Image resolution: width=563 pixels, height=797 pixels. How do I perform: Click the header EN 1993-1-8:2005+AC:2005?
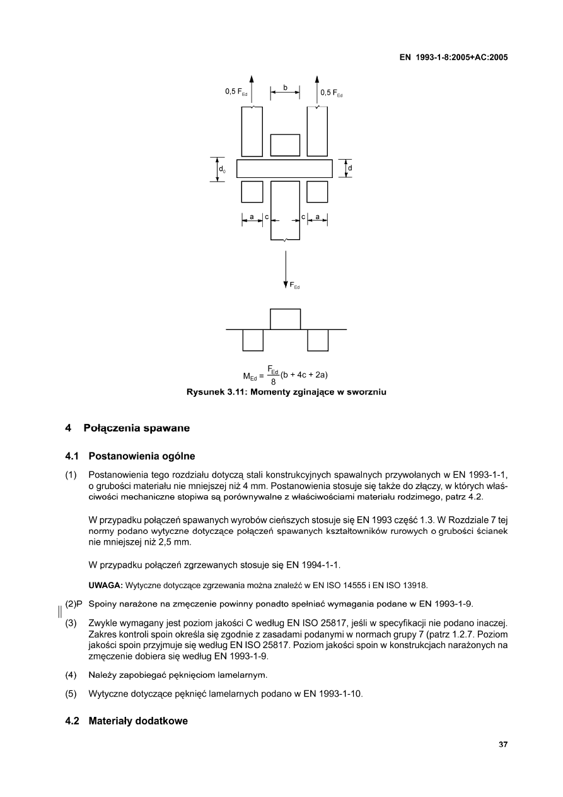point(454,57)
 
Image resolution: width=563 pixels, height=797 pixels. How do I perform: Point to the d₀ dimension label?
point(223,170)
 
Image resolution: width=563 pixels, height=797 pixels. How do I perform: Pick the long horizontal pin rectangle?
point(284,169)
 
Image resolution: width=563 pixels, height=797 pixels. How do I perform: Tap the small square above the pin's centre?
point(285,145)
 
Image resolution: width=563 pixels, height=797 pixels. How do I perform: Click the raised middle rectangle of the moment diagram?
point(285,319)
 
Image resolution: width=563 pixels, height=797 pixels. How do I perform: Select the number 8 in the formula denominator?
point(273,381)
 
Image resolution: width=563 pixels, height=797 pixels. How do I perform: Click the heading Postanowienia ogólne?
point(142,456)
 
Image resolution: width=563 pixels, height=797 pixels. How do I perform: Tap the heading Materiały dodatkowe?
point(138,721)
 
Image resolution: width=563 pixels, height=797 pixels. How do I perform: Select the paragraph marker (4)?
point(71,675)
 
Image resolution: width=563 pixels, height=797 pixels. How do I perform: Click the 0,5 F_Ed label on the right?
point(332,93)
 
